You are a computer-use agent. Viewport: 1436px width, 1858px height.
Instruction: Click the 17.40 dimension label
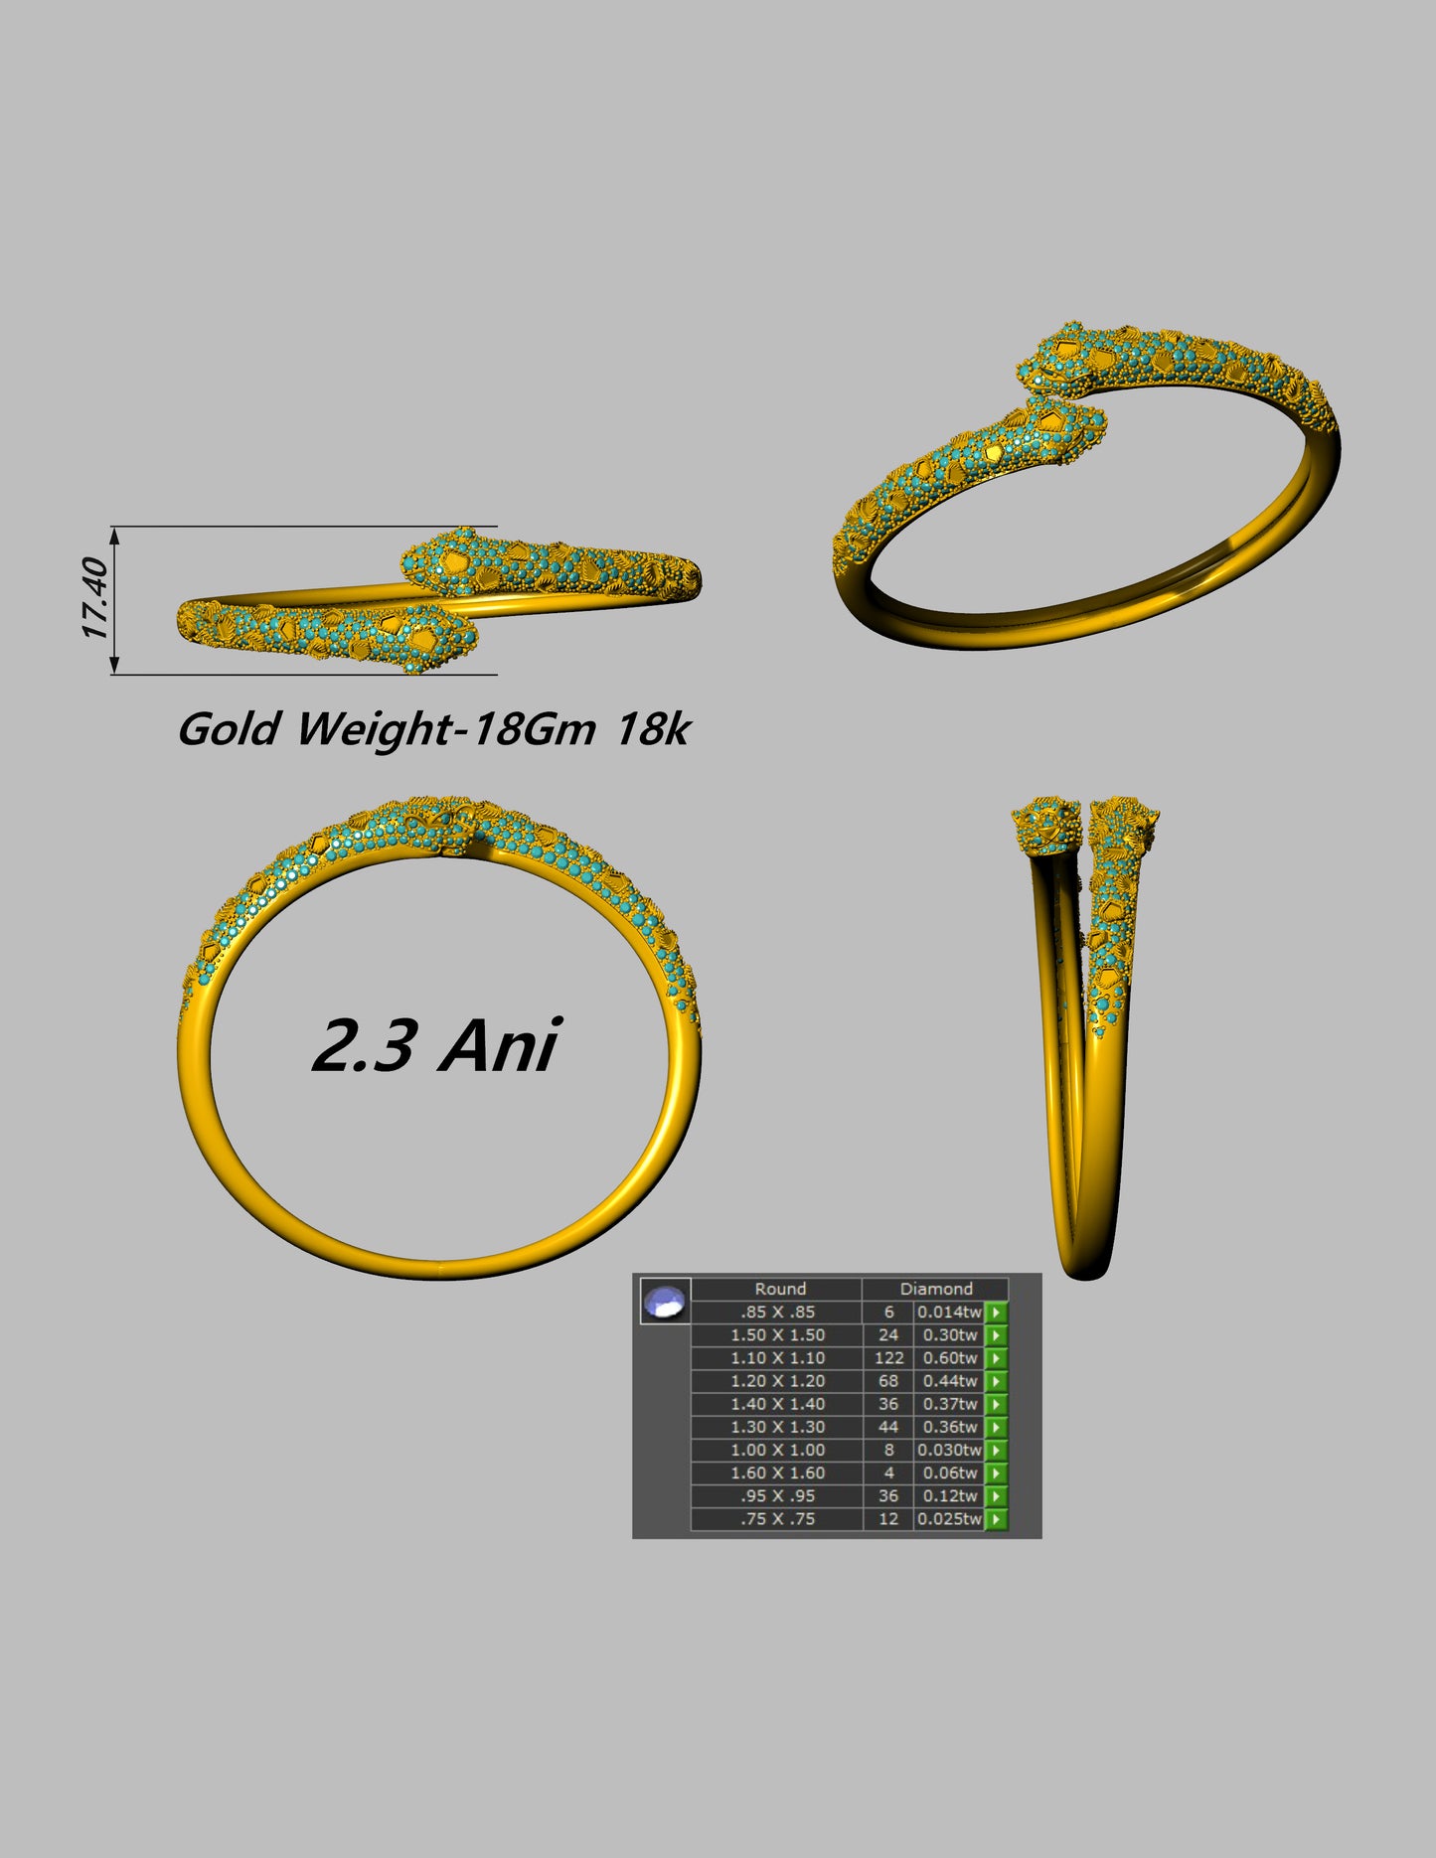click(x=95, y=599)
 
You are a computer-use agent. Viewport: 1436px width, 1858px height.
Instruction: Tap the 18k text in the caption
click(x=652, y=729)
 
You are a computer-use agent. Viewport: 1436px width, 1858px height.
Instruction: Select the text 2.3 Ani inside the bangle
click(x=435, y=1045)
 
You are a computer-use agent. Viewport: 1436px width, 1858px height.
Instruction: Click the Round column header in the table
click(x=779, y=1289)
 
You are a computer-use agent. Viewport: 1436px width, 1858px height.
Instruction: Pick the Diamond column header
click(x=935, y=1289)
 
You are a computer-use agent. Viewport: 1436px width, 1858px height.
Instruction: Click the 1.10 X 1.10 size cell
click(x=777, y=1358)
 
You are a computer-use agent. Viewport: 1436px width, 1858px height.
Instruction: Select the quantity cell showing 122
click(x=888, y=1358)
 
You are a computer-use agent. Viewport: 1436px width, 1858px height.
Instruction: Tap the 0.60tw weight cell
click(x=949, y=1358)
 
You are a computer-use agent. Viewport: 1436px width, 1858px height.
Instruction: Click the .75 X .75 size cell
click(x=777, y=1519)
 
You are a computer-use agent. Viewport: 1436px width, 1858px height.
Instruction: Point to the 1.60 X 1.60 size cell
click(x=777, y=1473)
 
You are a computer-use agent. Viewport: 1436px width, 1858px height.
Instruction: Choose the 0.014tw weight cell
click(x=949, y=1313)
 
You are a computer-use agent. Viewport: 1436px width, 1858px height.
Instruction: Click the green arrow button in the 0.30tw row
click(x=996, y=1335)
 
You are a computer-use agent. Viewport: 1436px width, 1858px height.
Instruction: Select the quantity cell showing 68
click(x=888, y=1381)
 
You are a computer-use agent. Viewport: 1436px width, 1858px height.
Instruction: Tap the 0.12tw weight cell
click(x=949, y=1496)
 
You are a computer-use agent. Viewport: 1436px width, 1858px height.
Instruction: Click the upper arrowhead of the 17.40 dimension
click(x=114, y=536)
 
